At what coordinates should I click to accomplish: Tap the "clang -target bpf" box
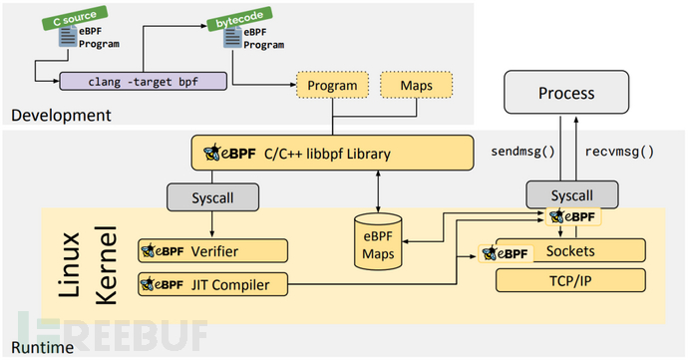[142, 82]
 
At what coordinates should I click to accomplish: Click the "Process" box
[566, 94]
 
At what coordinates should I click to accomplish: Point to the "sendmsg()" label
[521, 153]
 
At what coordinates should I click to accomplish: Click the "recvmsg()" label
[617, 153]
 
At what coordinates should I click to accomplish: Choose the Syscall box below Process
[566, 195]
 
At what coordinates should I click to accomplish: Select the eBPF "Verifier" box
[213, 250]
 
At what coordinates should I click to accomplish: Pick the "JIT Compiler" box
[213, 284]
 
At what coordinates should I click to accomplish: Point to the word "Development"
[61, 116]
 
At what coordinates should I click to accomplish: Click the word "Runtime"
[40, 346]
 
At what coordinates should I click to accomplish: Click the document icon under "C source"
[67, 37]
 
